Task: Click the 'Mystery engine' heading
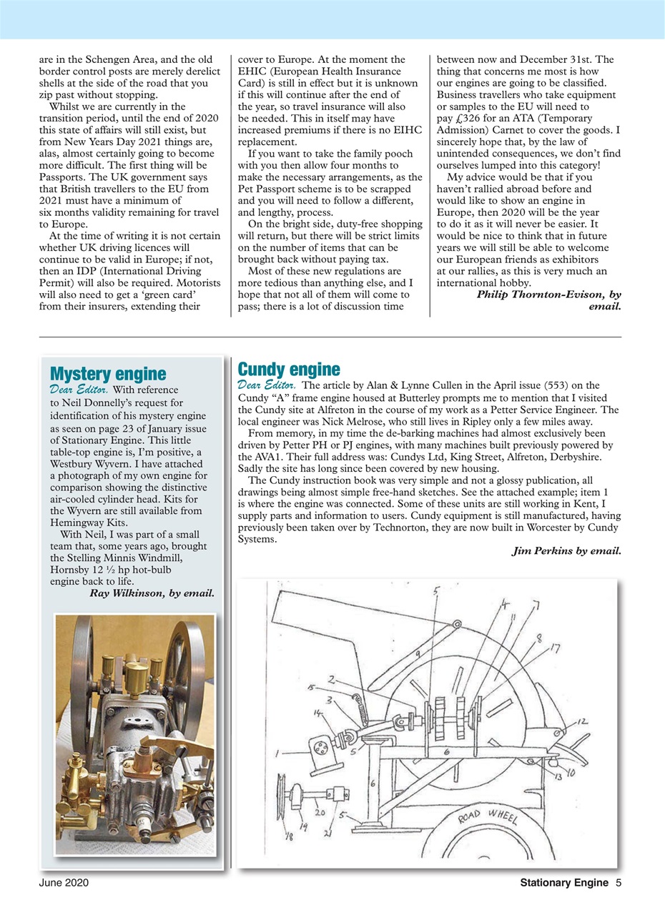click(108, 373)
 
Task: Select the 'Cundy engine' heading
click(288, 370)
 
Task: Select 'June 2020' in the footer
click(64, 884)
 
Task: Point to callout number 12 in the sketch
click(582, 723)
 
